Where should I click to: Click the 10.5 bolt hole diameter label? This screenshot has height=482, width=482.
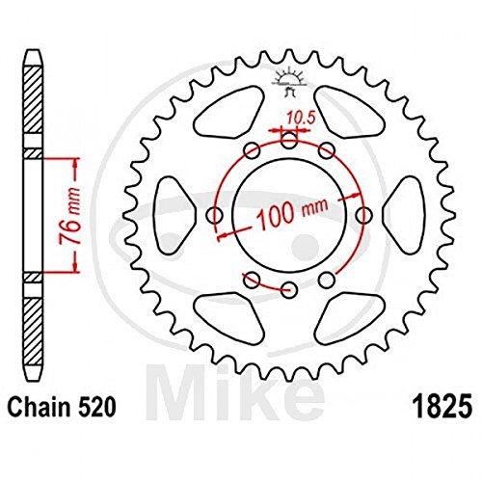301,119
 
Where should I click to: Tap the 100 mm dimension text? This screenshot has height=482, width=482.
293,213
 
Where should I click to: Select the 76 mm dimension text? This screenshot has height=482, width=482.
69,216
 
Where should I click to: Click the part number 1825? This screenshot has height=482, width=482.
442,408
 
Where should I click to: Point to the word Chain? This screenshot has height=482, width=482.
39,407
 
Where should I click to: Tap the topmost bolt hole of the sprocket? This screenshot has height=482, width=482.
289,139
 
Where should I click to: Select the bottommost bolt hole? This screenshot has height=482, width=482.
289,289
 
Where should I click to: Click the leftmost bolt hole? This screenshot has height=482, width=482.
214,215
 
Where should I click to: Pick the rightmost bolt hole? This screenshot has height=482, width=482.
364,215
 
